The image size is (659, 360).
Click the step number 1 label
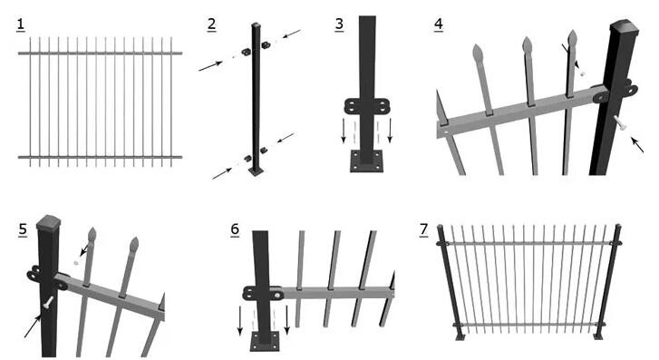pos(21,25)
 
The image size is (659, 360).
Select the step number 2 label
pos(212,24)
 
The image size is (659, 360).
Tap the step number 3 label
pos(339,24)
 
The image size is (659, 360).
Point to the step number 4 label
pos(439,24)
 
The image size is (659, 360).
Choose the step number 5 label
pos(23,229)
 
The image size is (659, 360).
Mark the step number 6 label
pos(235,229)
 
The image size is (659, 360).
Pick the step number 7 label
pos(423,229)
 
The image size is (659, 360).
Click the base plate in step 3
pos(367,161)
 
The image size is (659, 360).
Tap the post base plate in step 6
pos(265,341)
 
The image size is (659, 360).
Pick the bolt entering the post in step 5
pos(48,302)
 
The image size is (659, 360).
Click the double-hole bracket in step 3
pos(367,106)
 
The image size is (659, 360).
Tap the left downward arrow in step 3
pos(344,131)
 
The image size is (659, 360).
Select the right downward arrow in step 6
pos(287,320)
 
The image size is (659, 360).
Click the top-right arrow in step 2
pos(292,34)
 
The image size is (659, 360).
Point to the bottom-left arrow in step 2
pos(222,173)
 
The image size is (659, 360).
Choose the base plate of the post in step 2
pos(256,171)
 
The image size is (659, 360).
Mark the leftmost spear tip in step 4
pos(478,52)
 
